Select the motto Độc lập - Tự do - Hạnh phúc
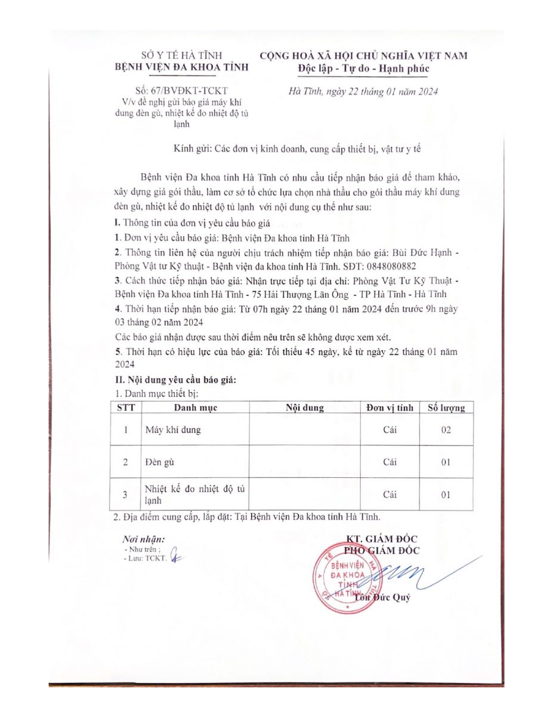363,68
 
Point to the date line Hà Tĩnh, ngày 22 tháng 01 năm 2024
363,91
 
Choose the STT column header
126,408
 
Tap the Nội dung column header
304,408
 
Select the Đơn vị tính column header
390,408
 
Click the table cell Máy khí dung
173,430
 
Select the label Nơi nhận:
140,539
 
